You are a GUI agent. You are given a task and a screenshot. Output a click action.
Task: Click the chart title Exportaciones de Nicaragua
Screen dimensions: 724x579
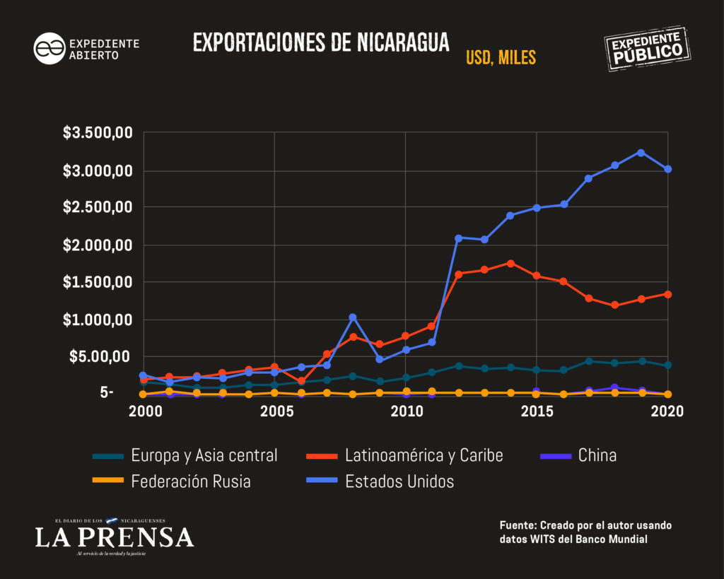(321, 42)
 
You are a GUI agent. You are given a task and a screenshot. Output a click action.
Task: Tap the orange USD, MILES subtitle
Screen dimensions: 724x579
(501, 58)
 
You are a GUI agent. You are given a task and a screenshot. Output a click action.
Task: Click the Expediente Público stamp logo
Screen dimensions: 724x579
(648, 49)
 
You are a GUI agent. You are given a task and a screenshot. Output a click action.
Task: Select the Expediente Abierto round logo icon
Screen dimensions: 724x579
(49, 49)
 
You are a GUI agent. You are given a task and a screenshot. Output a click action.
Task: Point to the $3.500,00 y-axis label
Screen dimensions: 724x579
(98, 133)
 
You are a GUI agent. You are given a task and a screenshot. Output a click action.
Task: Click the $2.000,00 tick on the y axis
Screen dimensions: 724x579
(98, 245)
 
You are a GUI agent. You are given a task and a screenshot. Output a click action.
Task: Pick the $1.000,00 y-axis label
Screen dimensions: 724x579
(98, 320)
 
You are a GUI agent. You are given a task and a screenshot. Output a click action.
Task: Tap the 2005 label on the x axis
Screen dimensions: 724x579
(276, 411)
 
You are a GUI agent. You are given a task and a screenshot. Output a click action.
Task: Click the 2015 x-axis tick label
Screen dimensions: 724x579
(537, 411)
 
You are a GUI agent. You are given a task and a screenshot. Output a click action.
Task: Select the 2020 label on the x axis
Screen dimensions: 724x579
(667, 411)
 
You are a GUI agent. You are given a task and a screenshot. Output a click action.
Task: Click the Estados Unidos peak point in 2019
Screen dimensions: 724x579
(641, 153)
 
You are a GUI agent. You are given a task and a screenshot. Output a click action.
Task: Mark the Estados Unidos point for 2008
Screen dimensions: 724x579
(353, 317)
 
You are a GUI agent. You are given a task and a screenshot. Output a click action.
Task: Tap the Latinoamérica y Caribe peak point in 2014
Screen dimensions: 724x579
(510, 264)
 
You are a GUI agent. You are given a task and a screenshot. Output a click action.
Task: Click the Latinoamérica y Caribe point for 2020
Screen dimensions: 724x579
(667, 294)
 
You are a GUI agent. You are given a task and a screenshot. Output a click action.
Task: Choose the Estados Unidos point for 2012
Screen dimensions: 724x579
(458, 238)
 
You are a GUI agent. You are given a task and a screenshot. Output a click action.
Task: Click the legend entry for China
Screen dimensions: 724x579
(578, 456)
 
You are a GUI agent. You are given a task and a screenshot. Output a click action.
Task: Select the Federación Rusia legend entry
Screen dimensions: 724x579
(172, 481)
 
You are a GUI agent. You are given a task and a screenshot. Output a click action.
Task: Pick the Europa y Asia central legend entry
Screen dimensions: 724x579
(185, 456)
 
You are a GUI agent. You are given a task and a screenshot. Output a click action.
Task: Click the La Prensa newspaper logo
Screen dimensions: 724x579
(114, 537)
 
